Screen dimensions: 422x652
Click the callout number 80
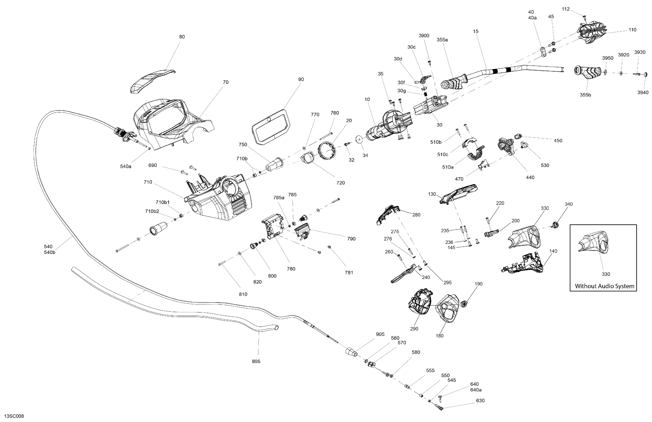pos(182,37)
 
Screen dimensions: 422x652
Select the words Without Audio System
pos(604,286)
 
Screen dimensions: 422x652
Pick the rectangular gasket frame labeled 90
pos(270,126)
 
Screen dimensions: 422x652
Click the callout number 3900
pos(424,36)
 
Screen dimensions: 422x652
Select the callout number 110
pos(632,30)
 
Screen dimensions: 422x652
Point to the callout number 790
pos(351,239)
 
